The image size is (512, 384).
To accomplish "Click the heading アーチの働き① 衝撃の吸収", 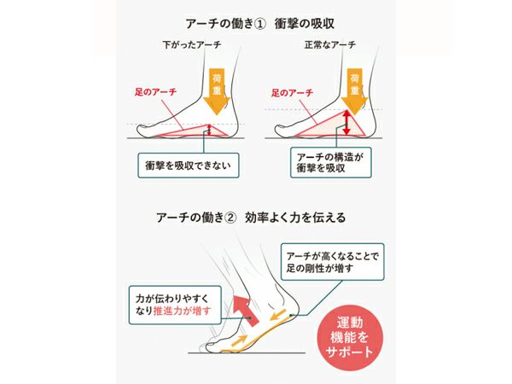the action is [260, 24].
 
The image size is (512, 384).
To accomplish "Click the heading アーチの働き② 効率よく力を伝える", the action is [251, 217].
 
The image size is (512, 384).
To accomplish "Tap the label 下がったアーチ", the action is [192, 44].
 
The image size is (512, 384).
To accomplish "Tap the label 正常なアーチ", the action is [329, 44].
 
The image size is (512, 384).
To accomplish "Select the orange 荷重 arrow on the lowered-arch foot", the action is [217, 91].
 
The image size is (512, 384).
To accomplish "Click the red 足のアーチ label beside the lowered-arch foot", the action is [155, 92].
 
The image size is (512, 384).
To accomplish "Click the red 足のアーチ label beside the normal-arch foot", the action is [292, 93].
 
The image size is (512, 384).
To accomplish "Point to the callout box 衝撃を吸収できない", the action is [189, 166].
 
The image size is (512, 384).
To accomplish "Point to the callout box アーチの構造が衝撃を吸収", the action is [331, 163].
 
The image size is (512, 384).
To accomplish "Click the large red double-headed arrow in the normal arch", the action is [346, 123].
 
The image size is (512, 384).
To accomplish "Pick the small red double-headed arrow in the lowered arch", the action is [210, 131].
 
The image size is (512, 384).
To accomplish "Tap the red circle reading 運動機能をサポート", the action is [350, 338].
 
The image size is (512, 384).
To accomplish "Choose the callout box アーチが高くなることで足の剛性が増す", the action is [333, 262].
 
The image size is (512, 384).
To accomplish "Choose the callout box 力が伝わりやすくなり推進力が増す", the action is [175, 305].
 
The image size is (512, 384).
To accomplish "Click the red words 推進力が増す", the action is [183, 311].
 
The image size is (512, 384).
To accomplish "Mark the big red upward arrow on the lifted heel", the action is [245, 310].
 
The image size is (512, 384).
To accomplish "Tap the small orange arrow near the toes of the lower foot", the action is [239, 340].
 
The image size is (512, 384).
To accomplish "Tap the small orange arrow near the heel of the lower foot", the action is [279, 315].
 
